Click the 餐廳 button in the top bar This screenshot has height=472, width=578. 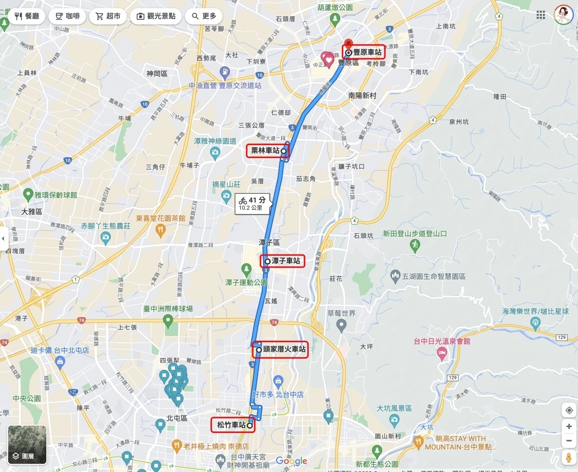coord(27,16)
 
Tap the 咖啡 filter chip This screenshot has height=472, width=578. coord(67,16)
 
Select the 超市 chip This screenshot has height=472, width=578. coord(108,16)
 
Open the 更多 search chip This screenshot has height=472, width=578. coord(204,16)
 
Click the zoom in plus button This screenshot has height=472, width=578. coord(569,427)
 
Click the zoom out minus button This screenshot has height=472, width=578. coord(569,440)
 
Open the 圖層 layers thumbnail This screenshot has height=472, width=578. coord(27,445)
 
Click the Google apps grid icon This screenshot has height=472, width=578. coord(541,15)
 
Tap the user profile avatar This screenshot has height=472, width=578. coord(563,15)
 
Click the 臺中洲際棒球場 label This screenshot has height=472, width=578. coord(168,309)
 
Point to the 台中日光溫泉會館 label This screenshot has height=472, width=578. coord(442,341)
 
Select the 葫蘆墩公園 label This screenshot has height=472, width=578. coord(335,8)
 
